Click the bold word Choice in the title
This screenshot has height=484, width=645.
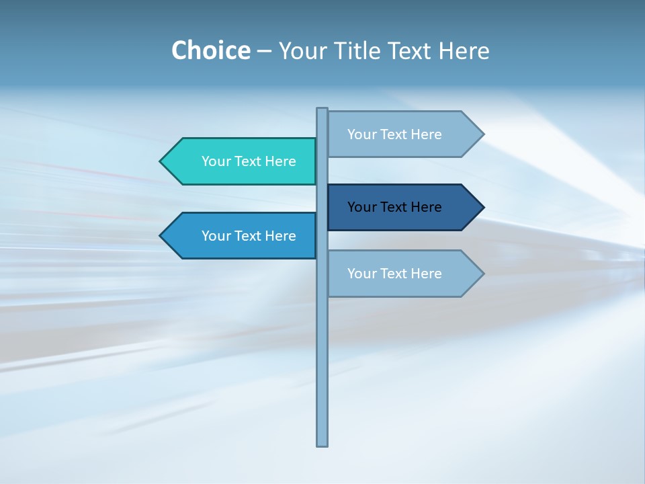[210, 50]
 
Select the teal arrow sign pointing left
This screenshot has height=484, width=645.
[242, 161]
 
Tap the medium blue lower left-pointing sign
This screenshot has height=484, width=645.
[242, 236]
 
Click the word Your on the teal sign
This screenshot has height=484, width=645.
[215, 161]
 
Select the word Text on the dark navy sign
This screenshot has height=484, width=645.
[394, 207]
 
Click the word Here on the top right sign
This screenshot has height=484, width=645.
[427, 134]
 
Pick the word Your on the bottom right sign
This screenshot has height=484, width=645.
[361, 274]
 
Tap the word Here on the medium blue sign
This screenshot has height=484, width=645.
[281, 236]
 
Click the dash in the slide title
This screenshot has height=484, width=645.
[264, 52]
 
